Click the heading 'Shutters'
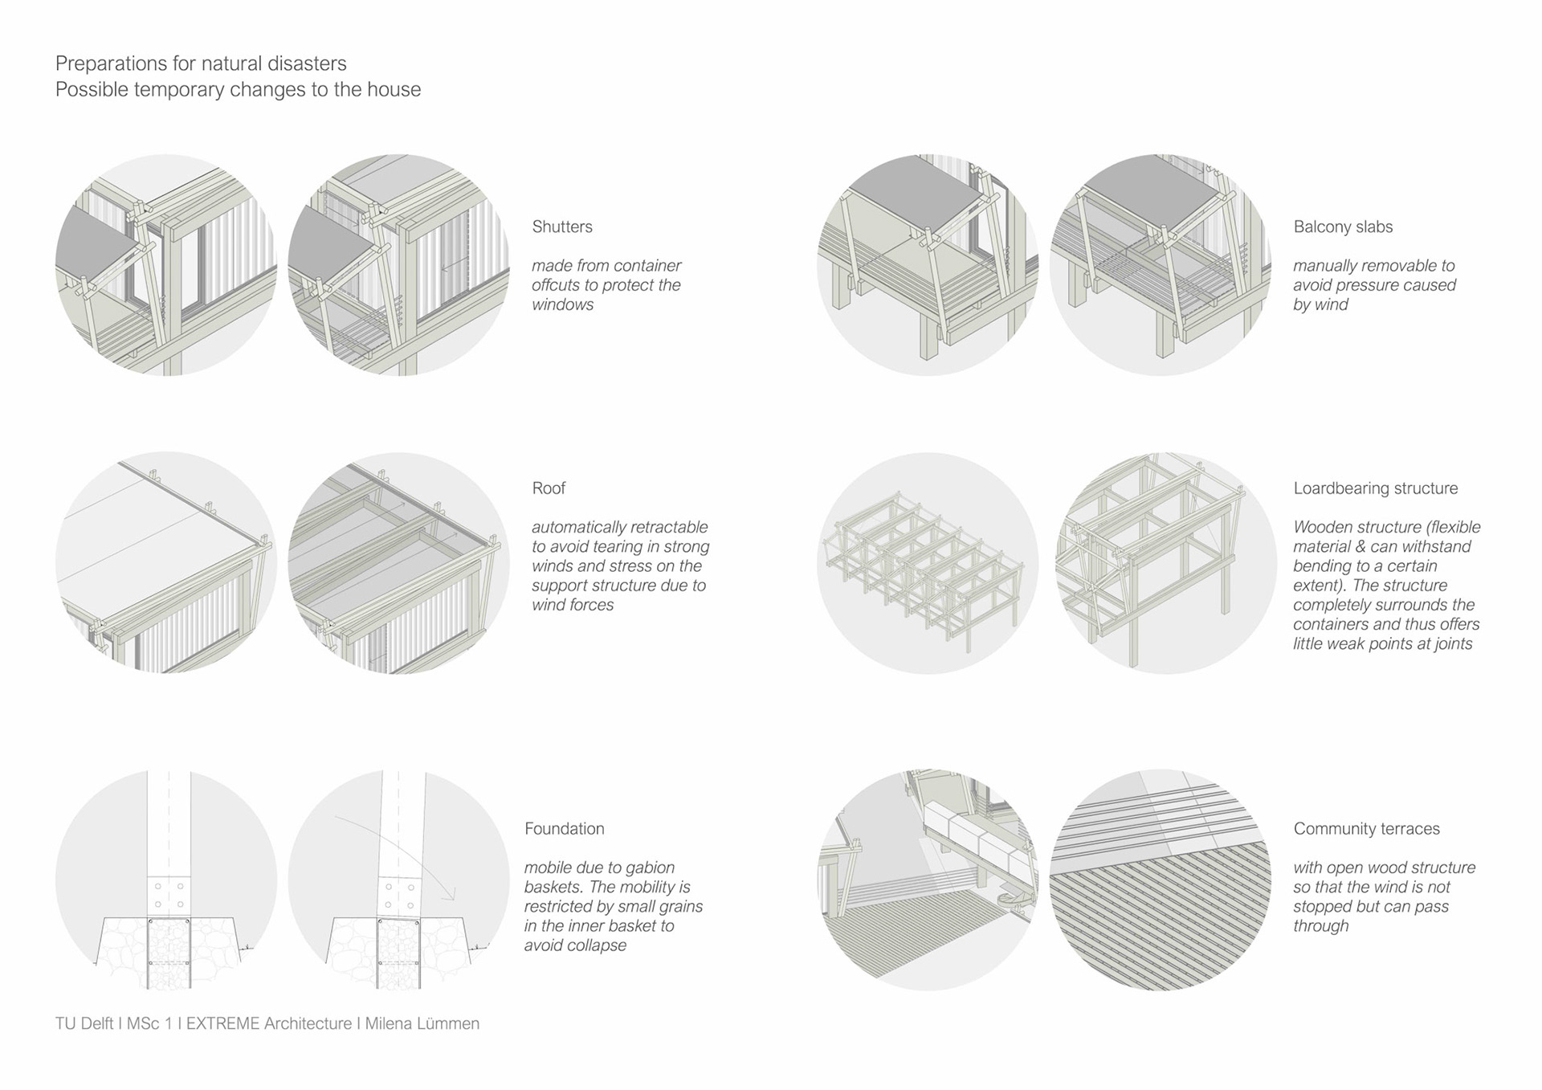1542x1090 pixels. pos(561,227)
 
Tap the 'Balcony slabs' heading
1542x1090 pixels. pos(1343,227)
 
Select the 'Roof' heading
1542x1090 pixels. pos(549,488)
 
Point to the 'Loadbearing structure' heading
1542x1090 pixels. pos(1375,488)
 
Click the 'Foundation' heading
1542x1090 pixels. pos(564,829)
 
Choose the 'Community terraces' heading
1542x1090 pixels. pos(1366,829)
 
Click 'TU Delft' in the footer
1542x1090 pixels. pos(84,1023)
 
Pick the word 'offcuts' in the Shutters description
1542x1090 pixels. pos(557,285)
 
